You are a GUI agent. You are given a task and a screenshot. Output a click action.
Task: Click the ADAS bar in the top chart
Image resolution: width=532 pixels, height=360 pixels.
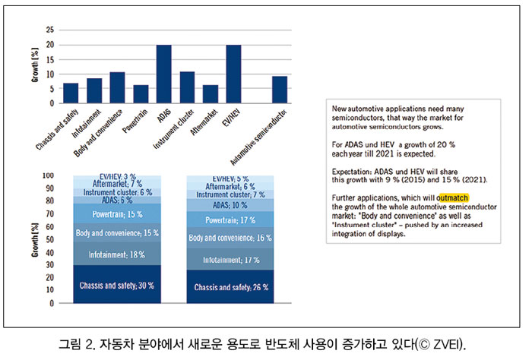163,74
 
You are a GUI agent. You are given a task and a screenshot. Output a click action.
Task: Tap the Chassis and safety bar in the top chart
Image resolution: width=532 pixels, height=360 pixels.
71,93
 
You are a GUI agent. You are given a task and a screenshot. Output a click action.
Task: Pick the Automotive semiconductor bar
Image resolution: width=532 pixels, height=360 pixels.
280,90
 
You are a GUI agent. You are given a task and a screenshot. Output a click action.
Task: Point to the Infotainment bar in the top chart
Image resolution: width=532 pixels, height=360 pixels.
94,90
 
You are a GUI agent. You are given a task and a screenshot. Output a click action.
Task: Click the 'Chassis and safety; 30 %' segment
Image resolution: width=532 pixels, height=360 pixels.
117,285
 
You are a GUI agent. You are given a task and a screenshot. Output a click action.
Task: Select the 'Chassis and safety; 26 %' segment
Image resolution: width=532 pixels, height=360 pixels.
231,287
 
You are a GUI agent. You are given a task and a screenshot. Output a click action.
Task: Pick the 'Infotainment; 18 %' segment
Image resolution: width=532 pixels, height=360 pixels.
117,254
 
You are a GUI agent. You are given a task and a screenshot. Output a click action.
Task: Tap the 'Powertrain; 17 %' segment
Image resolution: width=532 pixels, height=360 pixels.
231,219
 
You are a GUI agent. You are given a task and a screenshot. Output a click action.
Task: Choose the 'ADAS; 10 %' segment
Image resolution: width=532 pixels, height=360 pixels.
231,205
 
